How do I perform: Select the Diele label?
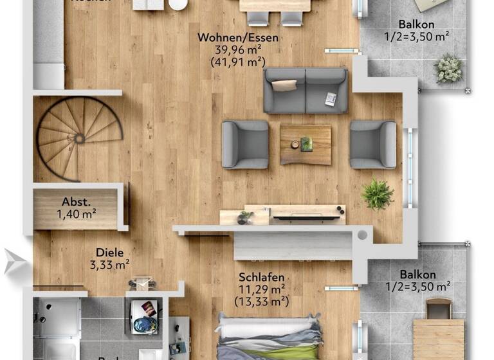click(110, 253)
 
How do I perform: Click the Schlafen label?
click(261, 277)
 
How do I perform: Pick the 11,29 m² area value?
click(261, 289)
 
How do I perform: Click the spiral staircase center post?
click(79, 138)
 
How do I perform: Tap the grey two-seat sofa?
click(306, 91)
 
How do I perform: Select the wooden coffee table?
click(306, 144)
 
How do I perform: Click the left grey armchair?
click(245, 145)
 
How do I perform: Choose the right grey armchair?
click(373, 145)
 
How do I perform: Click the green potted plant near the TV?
click(378, 194)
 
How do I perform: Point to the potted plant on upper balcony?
click(448, 68)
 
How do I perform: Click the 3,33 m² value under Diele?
click(110, 264)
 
